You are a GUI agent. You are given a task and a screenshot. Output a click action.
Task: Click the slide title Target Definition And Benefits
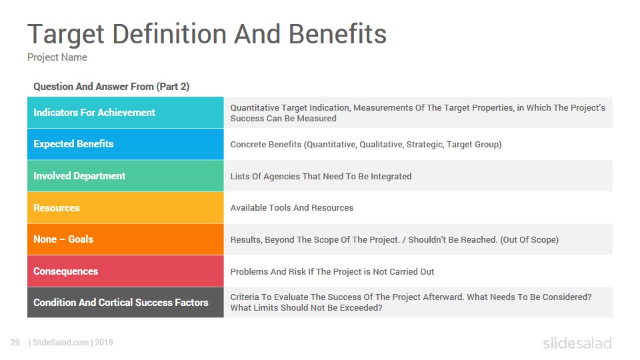[207, 34]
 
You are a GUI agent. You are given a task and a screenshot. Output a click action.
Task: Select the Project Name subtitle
[57, 57]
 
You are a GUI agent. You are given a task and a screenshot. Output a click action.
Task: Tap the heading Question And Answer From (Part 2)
[111, 87]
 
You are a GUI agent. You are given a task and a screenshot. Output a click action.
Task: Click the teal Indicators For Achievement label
[94, 113]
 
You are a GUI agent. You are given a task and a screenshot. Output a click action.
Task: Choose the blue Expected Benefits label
[73, 144]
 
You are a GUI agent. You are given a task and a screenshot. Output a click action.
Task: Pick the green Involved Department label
[79, 176]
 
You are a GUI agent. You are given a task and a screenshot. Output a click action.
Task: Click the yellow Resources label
[57, 208]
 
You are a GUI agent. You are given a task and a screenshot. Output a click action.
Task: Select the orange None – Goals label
[63, 239]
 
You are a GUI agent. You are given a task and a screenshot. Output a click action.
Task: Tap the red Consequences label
[66, 271]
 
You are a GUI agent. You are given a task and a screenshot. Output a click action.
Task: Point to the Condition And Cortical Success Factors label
[121, 303]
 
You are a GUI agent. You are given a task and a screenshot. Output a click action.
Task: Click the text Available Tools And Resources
[292, 208]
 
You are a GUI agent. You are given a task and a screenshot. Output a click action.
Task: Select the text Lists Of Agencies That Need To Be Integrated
[321, 176]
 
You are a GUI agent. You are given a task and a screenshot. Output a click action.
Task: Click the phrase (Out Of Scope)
[529, 239]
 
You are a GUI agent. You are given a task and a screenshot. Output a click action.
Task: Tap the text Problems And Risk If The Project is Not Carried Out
[332, 272]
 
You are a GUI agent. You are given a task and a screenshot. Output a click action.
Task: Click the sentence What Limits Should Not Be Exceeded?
[306, 308]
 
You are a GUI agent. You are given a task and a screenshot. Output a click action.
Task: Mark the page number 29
[15, 343]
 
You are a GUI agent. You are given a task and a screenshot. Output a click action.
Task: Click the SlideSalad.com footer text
[61, 343]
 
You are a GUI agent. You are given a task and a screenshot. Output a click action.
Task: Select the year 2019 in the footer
[104, 343]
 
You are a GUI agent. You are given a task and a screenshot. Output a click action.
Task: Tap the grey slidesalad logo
[577, 343]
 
